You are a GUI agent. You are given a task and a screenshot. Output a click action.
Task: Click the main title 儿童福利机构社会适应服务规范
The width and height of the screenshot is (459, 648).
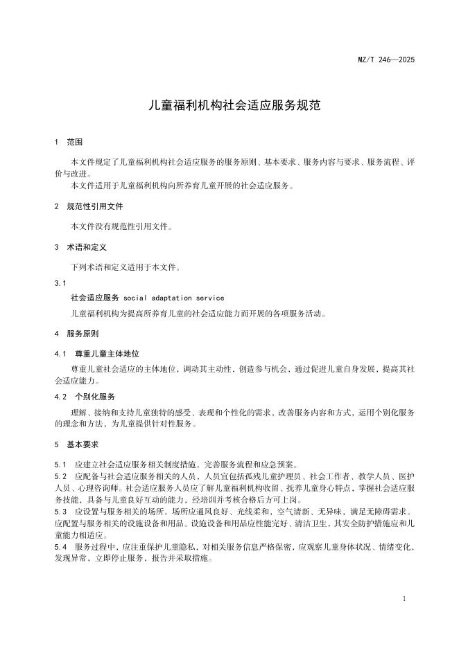click(x=229, y=107)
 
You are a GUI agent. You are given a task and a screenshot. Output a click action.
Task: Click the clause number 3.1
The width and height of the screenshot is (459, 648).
click(x=60, y=283)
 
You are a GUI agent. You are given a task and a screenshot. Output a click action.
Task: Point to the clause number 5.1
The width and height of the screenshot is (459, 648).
click(x=60, y=464)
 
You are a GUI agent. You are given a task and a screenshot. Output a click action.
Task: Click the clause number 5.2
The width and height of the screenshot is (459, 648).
click(x=60, y=477)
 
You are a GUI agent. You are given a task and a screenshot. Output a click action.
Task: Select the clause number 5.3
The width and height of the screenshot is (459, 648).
click(x=60, y=512)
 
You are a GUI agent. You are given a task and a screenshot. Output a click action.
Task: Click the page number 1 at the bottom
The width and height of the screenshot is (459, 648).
click(x=404, y=597)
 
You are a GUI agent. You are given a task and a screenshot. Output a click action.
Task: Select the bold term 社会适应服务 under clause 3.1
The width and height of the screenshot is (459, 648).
click(x=95, y=298)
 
